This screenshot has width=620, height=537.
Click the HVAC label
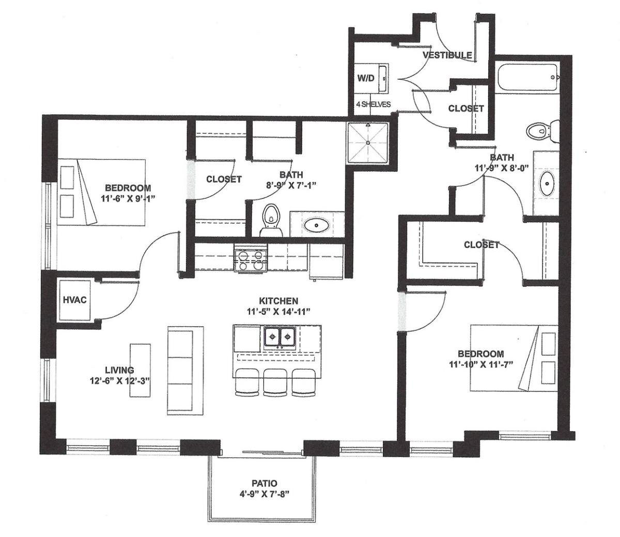pyautogui.click(x=75, y=300)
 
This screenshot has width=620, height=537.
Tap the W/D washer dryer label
pyautogui.click(x=366, y=78)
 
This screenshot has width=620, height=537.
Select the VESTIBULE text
pyautogui.click(x=447, y=55)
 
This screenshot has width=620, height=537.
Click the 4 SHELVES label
pyautogui.click(x=374, y=104)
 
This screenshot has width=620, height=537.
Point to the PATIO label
pyautogui.click(x=264, y=483)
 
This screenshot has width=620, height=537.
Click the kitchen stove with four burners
pyautogui.click(x=251, y=260)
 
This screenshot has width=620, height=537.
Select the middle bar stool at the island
pyautogui.click(x=275, y=382)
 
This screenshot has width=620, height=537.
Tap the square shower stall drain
pyautogui.click(x=368, y=143)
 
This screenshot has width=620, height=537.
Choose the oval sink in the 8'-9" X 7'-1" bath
pyautogui.click(x=317, y=225)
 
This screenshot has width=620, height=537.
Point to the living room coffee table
pyautogui.click(x=140, y=371)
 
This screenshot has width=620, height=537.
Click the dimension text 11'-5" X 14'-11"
pyautogui.click(x=278, y=312)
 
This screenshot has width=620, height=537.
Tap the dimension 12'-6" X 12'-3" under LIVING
pyautogui.click(x=120, y=381)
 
